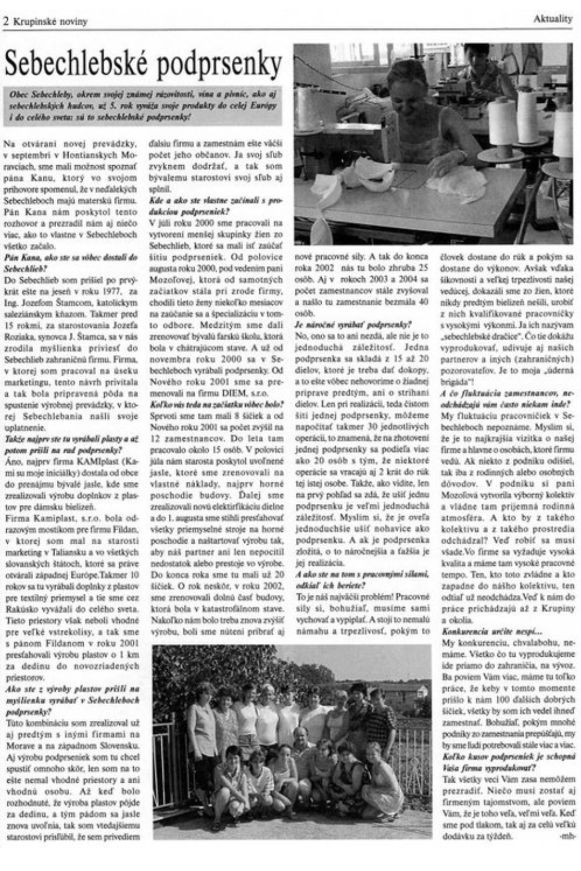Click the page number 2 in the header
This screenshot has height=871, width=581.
click(x=6, y=21)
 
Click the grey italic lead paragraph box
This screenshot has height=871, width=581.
click(x=143, y=106)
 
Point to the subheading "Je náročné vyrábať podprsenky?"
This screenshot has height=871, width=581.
click(x=353, y=325)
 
